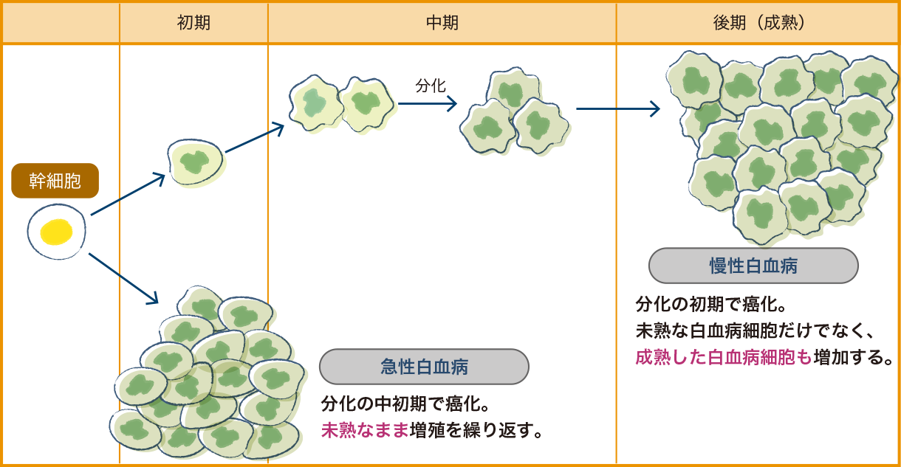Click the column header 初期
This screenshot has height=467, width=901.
[x=193, y=23]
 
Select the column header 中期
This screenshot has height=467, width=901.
[x=442, y=23]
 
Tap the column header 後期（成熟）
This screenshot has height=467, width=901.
[x=758, y=23]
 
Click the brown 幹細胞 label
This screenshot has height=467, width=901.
[x=55, y=181]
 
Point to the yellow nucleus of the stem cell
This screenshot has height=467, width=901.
[x=56, y=232]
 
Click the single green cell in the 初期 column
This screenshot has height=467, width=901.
[x=195, y=162]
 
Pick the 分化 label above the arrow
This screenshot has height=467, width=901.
[x=431, y=86]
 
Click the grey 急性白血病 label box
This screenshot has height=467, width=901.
[x=424, y=367]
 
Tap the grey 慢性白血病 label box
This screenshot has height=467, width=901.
[x=753, y=266]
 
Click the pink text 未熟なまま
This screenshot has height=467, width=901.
[x=365, y=429]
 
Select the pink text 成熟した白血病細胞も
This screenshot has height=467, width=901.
[x=723, y=358]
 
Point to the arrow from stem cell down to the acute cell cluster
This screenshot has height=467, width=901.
[x=123, y=279]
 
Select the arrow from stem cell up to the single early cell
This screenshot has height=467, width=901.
[x=128, y=195]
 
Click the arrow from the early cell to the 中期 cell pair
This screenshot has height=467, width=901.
[x=255, y=138]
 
